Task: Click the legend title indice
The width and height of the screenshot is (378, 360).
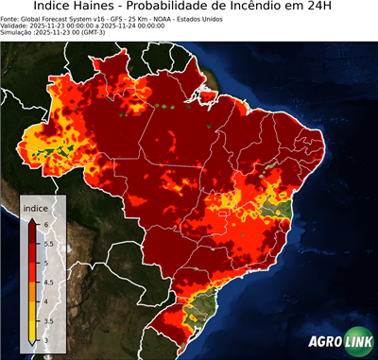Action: click(35, 207)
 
